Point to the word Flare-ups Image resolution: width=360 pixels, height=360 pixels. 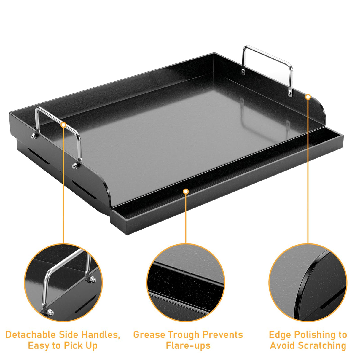(188, 346)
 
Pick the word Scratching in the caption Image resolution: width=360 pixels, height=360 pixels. (322, 346)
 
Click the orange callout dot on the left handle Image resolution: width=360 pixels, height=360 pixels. (63, 125)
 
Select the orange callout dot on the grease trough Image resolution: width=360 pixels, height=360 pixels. (186, 192)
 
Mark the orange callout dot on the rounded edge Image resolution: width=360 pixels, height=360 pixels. (308, 97)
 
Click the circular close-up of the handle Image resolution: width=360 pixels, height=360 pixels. (63, 282)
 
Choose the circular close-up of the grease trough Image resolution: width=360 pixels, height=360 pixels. (186, 282)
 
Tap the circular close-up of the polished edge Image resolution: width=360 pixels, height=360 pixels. (308, 282)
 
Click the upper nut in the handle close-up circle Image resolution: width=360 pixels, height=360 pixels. (93, 279)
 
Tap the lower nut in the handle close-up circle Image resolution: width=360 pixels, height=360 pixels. (50, 312)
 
